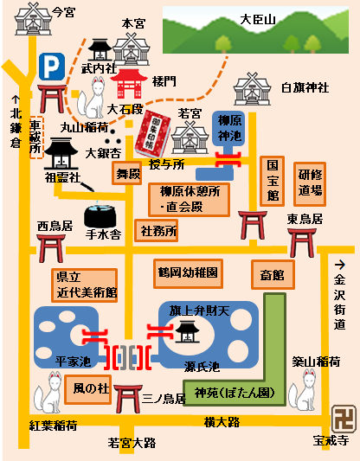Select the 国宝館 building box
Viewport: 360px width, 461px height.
pyautogui.click(x=271, y=180)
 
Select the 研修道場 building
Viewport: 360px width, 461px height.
pyautogui.click(x=310, y=181)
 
